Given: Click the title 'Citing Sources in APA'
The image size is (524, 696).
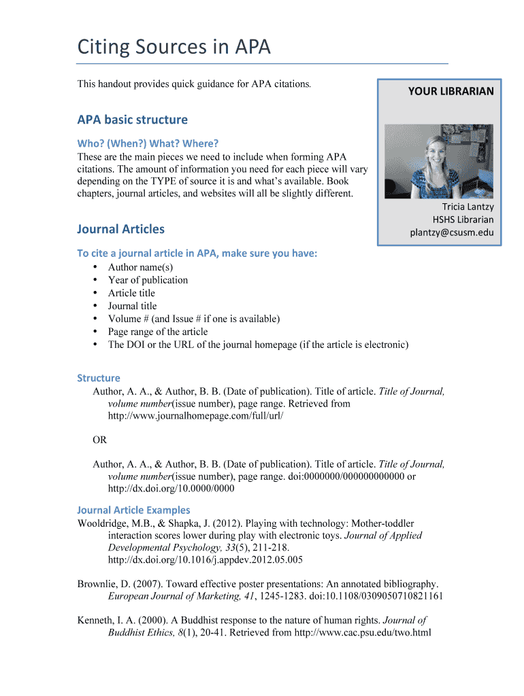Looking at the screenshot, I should [x=174, y=47].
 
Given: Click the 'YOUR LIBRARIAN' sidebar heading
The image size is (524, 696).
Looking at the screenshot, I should [x=451, y=91].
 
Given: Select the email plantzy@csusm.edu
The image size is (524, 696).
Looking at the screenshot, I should [x=451, y=232].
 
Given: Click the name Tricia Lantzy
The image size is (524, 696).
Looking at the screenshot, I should [x=468, y=207].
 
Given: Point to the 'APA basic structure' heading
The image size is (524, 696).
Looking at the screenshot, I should [x=132, y=120].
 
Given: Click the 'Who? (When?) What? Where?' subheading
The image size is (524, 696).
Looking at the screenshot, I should [x=148, y=143].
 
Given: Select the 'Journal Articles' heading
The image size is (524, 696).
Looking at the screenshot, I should [x=120, y=229].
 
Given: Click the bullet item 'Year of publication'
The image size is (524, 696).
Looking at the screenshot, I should [x=148, y=280].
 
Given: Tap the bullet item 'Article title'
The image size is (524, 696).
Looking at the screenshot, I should [x=131, y=293].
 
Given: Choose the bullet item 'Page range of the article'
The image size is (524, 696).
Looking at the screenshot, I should [x=158, y=332].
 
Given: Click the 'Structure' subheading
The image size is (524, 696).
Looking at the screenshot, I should [x=98, y=378].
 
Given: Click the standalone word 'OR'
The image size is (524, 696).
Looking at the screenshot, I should [x=100, y=440].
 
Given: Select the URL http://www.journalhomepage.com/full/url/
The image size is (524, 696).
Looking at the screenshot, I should [x=195, y=416].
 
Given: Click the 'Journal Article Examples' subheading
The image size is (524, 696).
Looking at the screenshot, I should [x=133, y=510].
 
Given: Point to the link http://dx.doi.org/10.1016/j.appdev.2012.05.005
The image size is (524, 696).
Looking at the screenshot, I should [x=206, y=560].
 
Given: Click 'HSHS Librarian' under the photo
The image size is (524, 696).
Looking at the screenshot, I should [x=463, y=220].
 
